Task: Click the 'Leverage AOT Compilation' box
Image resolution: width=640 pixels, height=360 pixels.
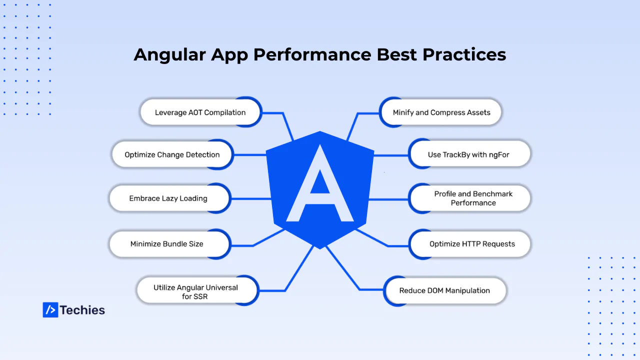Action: (200, 112)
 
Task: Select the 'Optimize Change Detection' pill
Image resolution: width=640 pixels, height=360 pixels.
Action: (172, 154)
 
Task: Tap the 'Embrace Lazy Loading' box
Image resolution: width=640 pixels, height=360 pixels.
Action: (169, 198)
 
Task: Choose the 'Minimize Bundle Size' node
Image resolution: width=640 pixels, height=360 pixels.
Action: (169, 244)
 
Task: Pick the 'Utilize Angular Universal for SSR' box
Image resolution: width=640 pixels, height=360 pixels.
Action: (197, 291)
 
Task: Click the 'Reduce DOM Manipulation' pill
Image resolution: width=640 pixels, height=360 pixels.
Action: (445, 291)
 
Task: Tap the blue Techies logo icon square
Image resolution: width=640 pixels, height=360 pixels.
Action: (50, 309)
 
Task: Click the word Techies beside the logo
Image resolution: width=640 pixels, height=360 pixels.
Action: (82, 310)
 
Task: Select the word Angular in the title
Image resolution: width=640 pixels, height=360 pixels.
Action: (169, 55)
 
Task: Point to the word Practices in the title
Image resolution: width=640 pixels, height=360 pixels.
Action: (464, 54)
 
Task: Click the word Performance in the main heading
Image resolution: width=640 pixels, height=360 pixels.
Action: (312, 54)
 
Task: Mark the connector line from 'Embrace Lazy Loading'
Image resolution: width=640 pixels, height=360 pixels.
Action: (250, 199)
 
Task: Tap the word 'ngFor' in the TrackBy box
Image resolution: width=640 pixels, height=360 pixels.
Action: (499, 155)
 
